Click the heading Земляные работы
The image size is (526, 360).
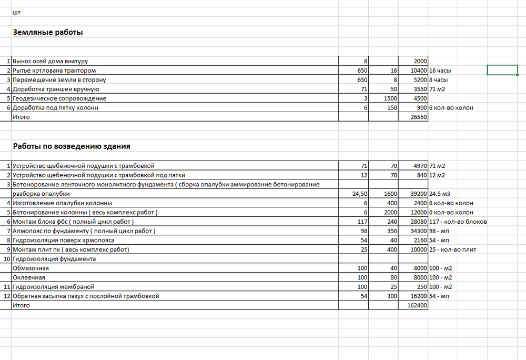tap(48, 33)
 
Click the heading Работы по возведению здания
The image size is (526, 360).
tap(72, 146)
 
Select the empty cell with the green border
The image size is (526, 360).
tap(506, 70)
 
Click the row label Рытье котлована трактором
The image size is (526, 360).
tap(54, 71)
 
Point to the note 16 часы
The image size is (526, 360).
tap(440, 71)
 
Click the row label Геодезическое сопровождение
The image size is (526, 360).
tap(59, 98)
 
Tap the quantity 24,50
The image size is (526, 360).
tap(359, 194)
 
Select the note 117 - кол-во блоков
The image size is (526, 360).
tap(458, 222)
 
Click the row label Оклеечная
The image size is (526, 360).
tap(29, 277)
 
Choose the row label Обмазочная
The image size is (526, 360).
tap(31, 268)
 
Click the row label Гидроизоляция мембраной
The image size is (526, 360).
tap(53, 287)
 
